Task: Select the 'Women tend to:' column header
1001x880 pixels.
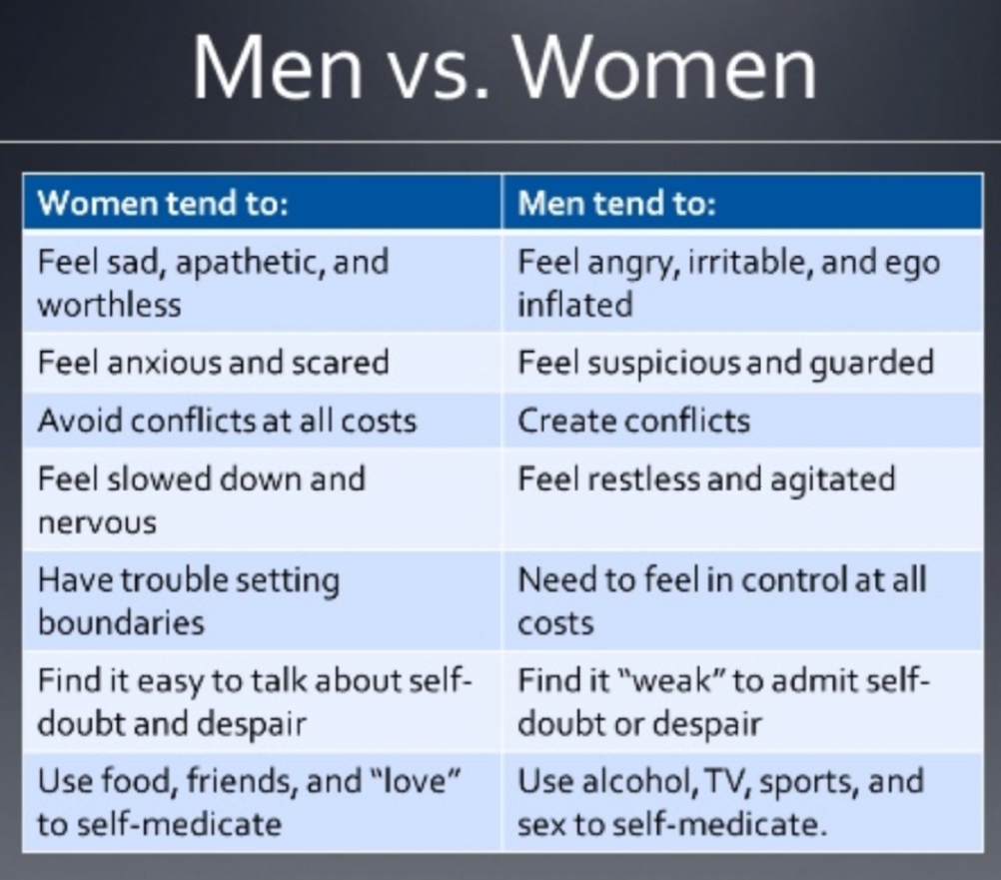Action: [163, 203]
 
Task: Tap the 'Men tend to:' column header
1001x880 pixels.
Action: [616, 203]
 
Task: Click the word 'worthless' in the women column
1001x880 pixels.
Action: [109, 304]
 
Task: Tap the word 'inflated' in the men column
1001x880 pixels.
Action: [575, 304]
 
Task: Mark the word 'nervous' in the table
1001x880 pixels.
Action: [97, 522]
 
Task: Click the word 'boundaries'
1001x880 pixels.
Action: [121, 622]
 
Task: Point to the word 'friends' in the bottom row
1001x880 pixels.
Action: [242, 780]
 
